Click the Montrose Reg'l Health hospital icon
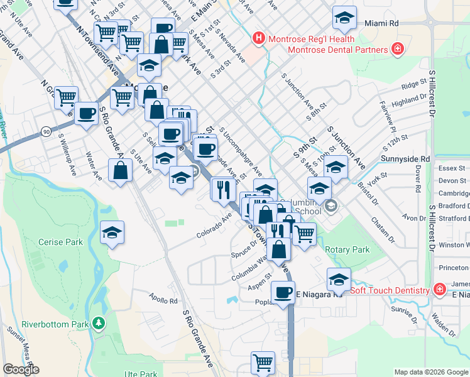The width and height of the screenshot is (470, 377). click(258, 39)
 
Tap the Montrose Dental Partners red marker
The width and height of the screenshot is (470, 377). click(396, 50)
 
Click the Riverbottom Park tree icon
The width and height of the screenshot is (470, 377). click(98, 306)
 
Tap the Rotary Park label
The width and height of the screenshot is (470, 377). click(347, 249)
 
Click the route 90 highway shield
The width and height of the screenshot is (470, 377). click(46, 131)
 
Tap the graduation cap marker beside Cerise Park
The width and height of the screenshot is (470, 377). click(112, 233)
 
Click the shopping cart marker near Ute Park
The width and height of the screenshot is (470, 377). click(263, 363)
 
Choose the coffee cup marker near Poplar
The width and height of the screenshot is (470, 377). click(283, 292)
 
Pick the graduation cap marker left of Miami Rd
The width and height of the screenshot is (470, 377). click(344, 18)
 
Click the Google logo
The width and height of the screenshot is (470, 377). click(21, 369)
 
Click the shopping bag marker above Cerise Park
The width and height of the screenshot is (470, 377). click(120, 170)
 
